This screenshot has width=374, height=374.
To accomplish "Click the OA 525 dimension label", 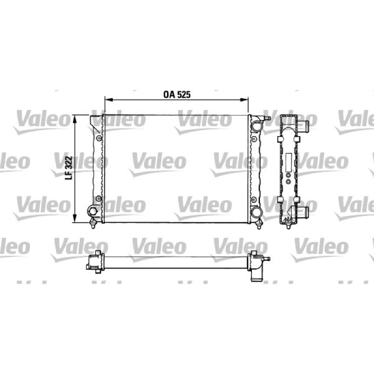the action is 177,95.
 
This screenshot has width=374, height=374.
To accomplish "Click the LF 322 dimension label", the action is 68,168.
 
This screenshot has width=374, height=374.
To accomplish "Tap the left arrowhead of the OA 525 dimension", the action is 108,100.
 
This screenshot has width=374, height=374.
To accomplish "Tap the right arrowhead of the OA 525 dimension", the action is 245,100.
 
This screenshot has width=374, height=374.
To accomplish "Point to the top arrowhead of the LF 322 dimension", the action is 75,119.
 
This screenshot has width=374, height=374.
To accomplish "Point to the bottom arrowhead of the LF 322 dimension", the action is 75,218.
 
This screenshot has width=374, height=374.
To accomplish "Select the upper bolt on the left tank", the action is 99,138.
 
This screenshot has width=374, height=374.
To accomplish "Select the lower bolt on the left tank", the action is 98,198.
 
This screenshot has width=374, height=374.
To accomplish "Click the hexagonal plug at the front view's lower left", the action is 93,211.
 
